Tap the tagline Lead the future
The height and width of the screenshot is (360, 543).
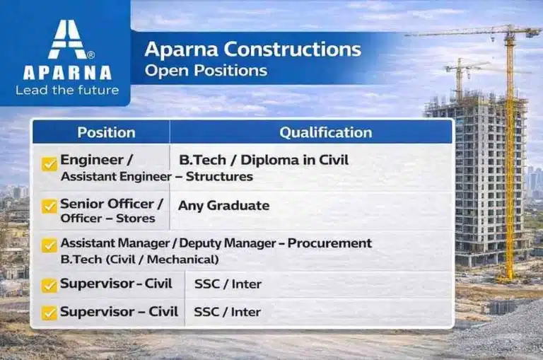pyautogui.click(x=66, y=90)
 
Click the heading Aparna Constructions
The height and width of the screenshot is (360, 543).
pyautogui.click(x=252, y=50)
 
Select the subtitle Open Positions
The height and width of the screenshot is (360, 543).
pyautogui.click(x=206, y=71)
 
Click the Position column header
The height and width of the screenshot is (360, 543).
pyautogui.click(x=106, y=132)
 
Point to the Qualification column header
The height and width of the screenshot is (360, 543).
pyautogui.click(x=325, y=132)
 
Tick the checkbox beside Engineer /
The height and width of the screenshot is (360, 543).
pyautogui.click(x=49, y=164)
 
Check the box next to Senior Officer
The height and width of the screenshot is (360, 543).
pyautogui.click(x=49, y=206)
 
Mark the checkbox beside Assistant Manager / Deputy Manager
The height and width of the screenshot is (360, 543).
pyautogui.click(x=49, y=245)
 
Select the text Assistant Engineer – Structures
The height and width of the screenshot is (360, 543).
pyautogui.click(x=156, y=176)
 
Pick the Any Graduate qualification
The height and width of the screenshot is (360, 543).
pyautogui.click(x=223, y=206)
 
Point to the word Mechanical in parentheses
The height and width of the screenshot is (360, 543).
pyautogui.click(x=183, y=260)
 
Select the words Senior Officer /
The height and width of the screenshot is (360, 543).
pyautogui.click(x=112, y=204)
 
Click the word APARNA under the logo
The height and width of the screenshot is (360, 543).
pyautogui.click(x=66, y=72)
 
